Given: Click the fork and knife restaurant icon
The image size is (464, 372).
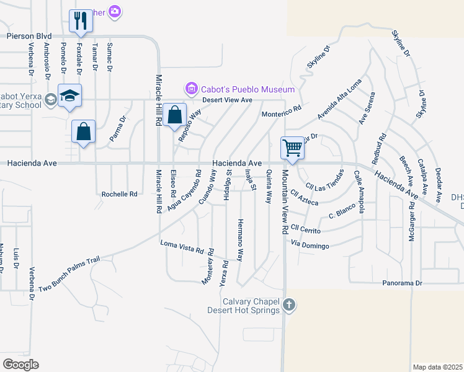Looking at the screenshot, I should click(x=80, y=20).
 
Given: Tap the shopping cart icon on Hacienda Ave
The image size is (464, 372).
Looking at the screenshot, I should click(x=292, y=148).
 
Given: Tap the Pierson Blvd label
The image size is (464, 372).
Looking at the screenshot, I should click(x=29, y=37).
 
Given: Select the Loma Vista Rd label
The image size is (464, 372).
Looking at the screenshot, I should click(x=182, y=246).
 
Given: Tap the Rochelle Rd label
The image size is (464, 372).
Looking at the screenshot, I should click(x=119, y=194).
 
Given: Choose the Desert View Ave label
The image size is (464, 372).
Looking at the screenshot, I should click(x=229, y=99).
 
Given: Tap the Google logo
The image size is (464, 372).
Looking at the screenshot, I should click(x=20, y=364).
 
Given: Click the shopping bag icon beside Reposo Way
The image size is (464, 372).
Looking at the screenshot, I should click(x=176, y=115).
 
